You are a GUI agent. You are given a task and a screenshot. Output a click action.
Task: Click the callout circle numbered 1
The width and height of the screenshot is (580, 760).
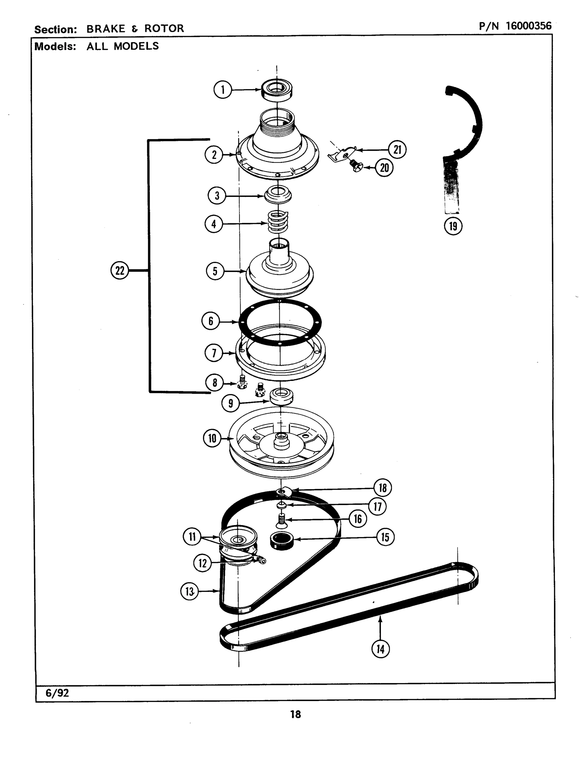pyautogui.click(x=223, y=90)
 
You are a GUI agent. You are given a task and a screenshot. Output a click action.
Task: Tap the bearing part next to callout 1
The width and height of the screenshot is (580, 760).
pyautogui.click(x=277, y=90)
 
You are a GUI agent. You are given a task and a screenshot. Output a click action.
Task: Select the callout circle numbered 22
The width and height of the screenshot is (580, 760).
pyautogui.click(x=120, y=270)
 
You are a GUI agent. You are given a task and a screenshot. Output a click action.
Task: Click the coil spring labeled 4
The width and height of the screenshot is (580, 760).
pyautogui.click(x=278, y=222)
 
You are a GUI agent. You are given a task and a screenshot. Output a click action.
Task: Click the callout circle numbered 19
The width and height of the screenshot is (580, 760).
pyautogui.click(x=453, y=226)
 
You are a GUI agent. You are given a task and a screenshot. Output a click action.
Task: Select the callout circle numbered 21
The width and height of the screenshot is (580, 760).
pyautogui.click(x=397, y=149)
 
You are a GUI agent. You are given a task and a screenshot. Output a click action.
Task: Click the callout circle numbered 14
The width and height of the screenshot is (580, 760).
pyautogui.click(x=380, y=649)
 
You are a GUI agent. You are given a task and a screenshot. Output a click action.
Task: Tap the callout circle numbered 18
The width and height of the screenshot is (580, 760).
pyautogui.click(x=383, y=488)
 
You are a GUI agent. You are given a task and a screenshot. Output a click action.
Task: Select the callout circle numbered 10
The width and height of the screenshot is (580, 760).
pyautogui.click(x=212, y=438)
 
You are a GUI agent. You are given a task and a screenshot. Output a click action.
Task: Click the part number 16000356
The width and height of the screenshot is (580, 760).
pyautogui.click(x=528, y=26)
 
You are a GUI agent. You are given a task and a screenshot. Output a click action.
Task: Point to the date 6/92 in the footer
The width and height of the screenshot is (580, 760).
pyautogui.click(x=57, y=693)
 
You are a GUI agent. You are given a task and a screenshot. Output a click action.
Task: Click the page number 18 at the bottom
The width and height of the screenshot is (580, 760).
pyautogui.click(x=296, y=714)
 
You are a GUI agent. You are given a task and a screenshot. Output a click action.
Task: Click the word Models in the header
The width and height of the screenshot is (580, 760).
pyautogui.click(x=55, y=46)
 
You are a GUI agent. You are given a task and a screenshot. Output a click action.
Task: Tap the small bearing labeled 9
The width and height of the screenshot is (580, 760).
pyautogui.click(x=281, y=396)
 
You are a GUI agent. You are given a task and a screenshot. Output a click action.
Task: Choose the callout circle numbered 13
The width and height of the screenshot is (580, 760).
pyautogui.click(x=190, y=592)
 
